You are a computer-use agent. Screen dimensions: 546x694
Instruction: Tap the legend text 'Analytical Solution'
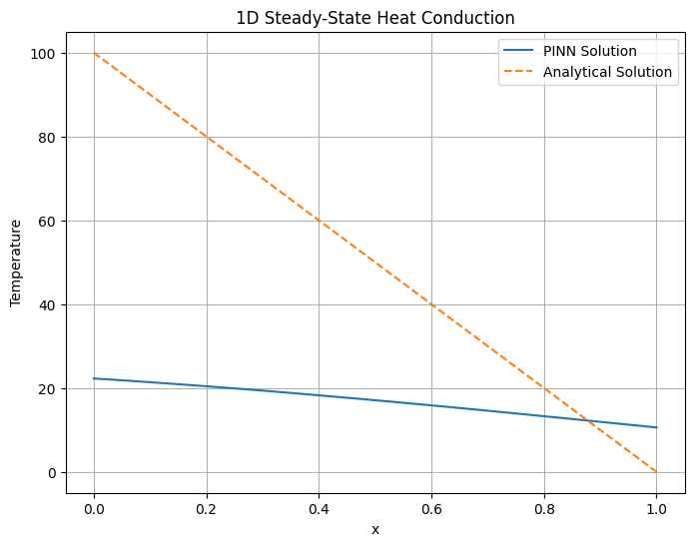click(x=607, y=72)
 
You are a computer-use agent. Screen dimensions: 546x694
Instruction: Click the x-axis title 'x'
click(x=375, y=529)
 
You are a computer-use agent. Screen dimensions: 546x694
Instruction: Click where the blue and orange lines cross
click(x=588, y=421)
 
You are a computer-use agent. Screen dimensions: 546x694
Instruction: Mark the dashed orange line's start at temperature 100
click(x=94, y=53)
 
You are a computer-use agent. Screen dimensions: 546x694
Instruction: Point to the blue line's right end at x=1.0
click(x=656, y=427)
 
